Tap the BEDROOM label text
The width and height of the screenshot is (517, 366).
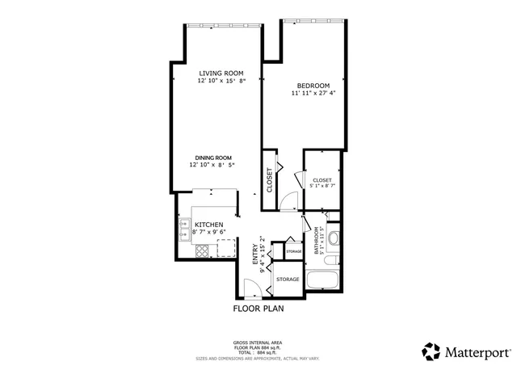click(x=313, y=86)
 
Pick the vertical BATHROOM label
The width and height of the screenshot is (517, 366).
click(x=315, y=239)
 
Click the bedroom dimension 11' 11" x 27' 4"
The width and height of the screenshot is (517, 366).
click(x=313, y=94)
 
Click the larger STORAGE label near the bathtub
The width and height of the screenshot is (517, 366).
click(x=288, y=280)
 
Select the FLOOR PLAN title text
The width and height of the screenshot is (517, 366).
click(x=258, y=308)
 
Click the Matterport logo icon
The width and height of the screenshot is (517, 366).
click(x=431, y=351)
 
